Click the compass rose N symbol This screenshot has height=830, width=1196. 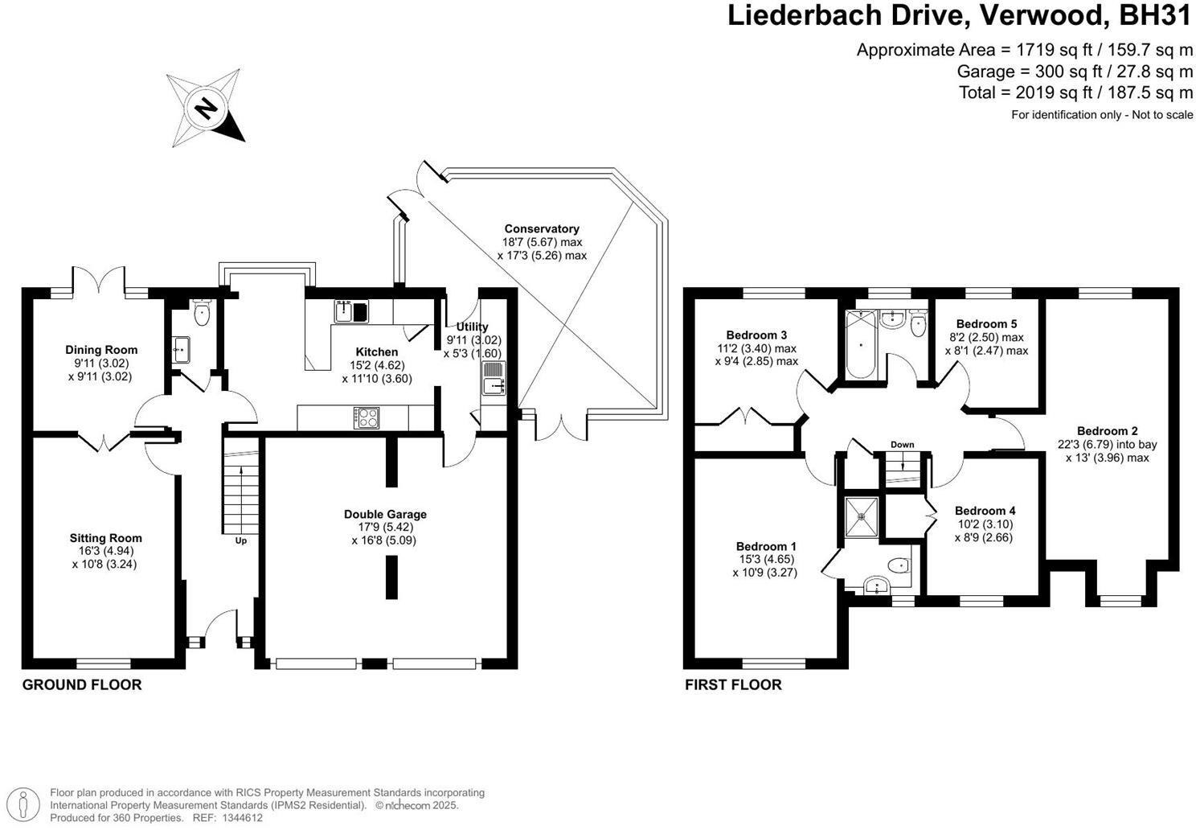[x=207, y=108]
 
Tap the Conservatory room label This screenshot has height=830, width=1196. [x=542, y=228]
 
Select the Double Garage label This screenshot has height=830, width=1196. [x=385, y=514]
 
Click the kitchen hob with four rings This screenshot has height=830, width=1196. [x=367, y=417]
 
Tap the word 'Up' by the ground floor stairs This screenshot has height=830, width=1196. [x=240, y=540]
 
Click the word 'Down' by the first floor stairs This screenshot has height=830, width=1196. [x=902, y=445]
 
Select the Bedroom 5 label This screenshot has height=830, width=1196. [x=986, y=324]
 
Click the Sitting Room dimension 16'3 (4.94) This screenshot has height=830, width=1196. [x=105, y=551]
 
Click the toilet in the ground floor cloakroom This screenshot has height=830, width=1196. [x=201, y=313]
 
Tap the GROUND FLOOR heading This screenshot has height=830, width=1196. [x=82, y=684]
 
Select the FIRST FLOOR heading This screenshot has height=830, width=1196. [x=733, y=684]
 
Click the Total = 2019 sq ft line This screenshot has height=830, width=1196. [x=1075, y=92]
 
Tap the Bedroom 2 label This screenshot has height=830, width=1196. [x=1107, y=431]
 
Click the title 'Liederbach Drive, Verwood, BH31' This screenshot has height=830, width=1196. [x=960, y=16]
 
